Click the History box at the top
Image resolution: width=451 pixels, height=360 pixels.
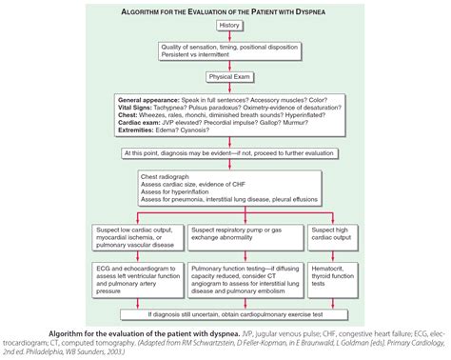click(228, 24)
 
